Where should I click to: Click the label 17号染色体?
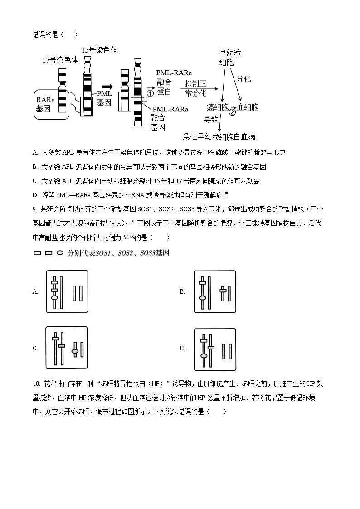[60, 60]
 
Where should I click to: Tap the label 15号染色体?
[99, 50]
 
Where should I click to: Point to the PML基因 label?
[104, 98]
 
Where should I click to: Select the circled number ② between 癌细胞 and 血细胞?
[232, 112]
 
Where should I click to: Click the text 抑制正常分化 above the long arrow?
[196, 88]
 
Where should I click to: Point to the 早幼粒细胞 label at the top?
[230, 58]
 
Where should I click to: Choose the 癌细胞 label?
[217, 107]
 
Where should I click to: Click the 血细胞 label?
[248, 107]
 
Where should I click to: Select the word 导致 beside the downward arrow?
[211, 119]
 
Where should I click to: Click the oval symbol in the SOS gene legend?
[59, 253]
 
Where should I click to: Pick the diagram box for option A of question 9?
[67, 291]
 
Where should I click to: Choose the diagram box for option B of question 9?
[215, 291]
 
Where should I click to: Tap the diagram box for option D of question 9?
[215, 349]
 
